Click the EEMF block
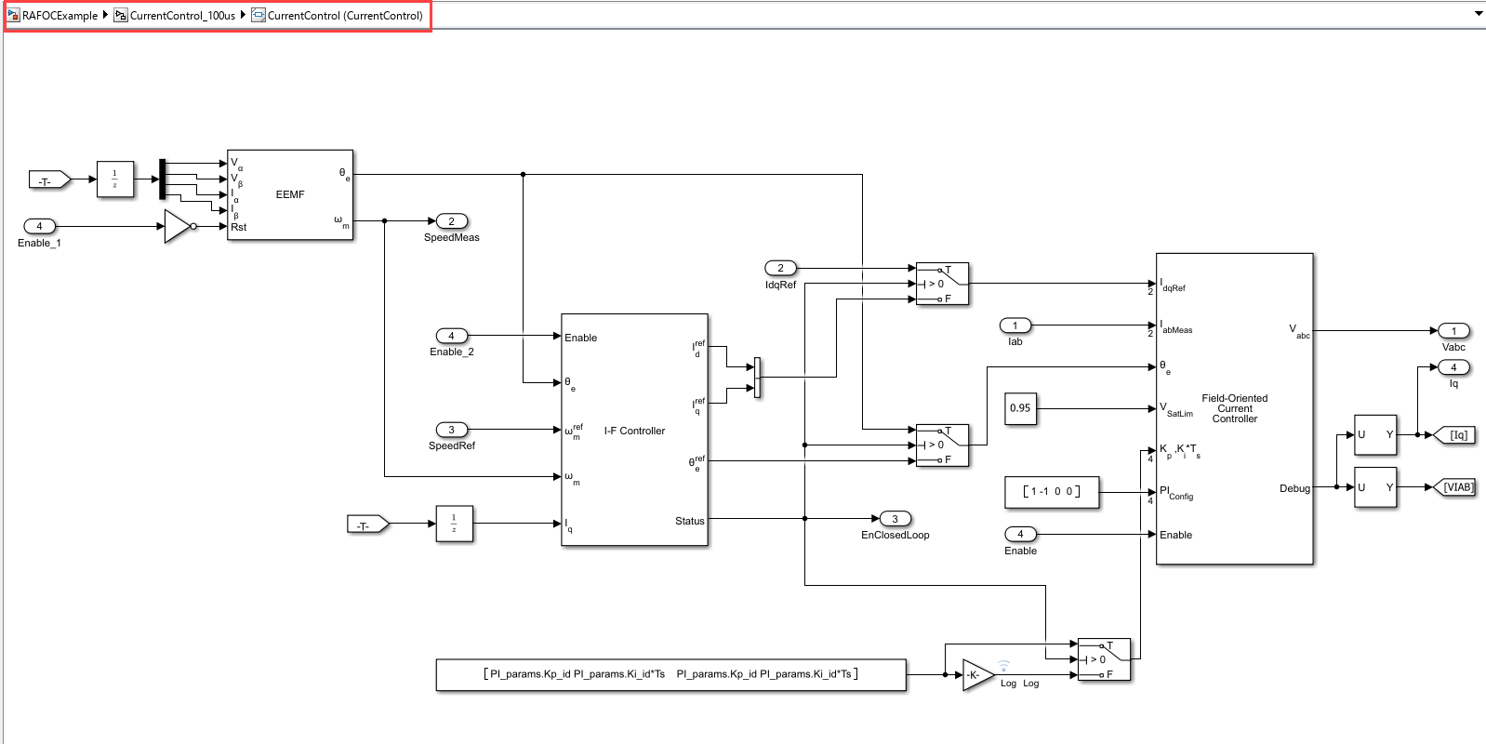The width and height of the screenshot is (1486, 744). point(290,194)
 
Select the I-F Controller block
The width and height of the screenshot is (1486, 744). point(634,431)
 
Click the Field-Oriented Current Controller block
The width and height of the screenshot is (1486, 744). point(1234,408)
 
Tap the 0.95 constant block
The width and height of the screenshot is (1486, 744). point(1020,408)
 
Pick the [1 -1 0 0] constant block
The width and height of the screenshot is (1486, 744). point(1052,492)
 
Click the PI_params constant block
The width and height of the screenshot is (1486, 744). point(670,674)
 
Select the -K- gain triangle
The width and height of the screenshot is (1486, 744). point(975,675)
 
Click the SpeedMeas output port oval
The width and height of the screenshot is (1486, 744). point(452,221)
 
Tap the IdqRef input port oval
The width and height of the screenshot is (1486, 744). point(780,268)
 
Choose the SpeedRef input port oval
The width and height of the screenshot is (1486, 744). point(452,430)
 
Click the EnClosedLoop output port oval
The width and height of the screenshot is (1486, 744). point(895,519)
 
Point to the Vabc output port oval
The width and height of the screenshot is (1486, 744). point(1453,331)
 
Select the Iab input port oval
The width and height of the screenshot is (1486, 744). point(1015,325)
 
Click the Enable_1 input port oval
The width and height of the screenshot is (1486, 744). point(39,226)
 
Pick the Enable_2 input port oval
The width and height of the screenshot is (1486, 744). point(452,336)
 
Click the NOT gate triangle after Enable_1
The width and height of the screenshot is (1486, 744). point(177,226)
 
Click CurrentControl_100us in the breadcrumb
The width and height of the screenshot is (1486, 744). point(182,16)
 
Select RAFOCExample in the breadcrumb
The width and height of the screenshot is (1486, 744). point(60,16)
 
